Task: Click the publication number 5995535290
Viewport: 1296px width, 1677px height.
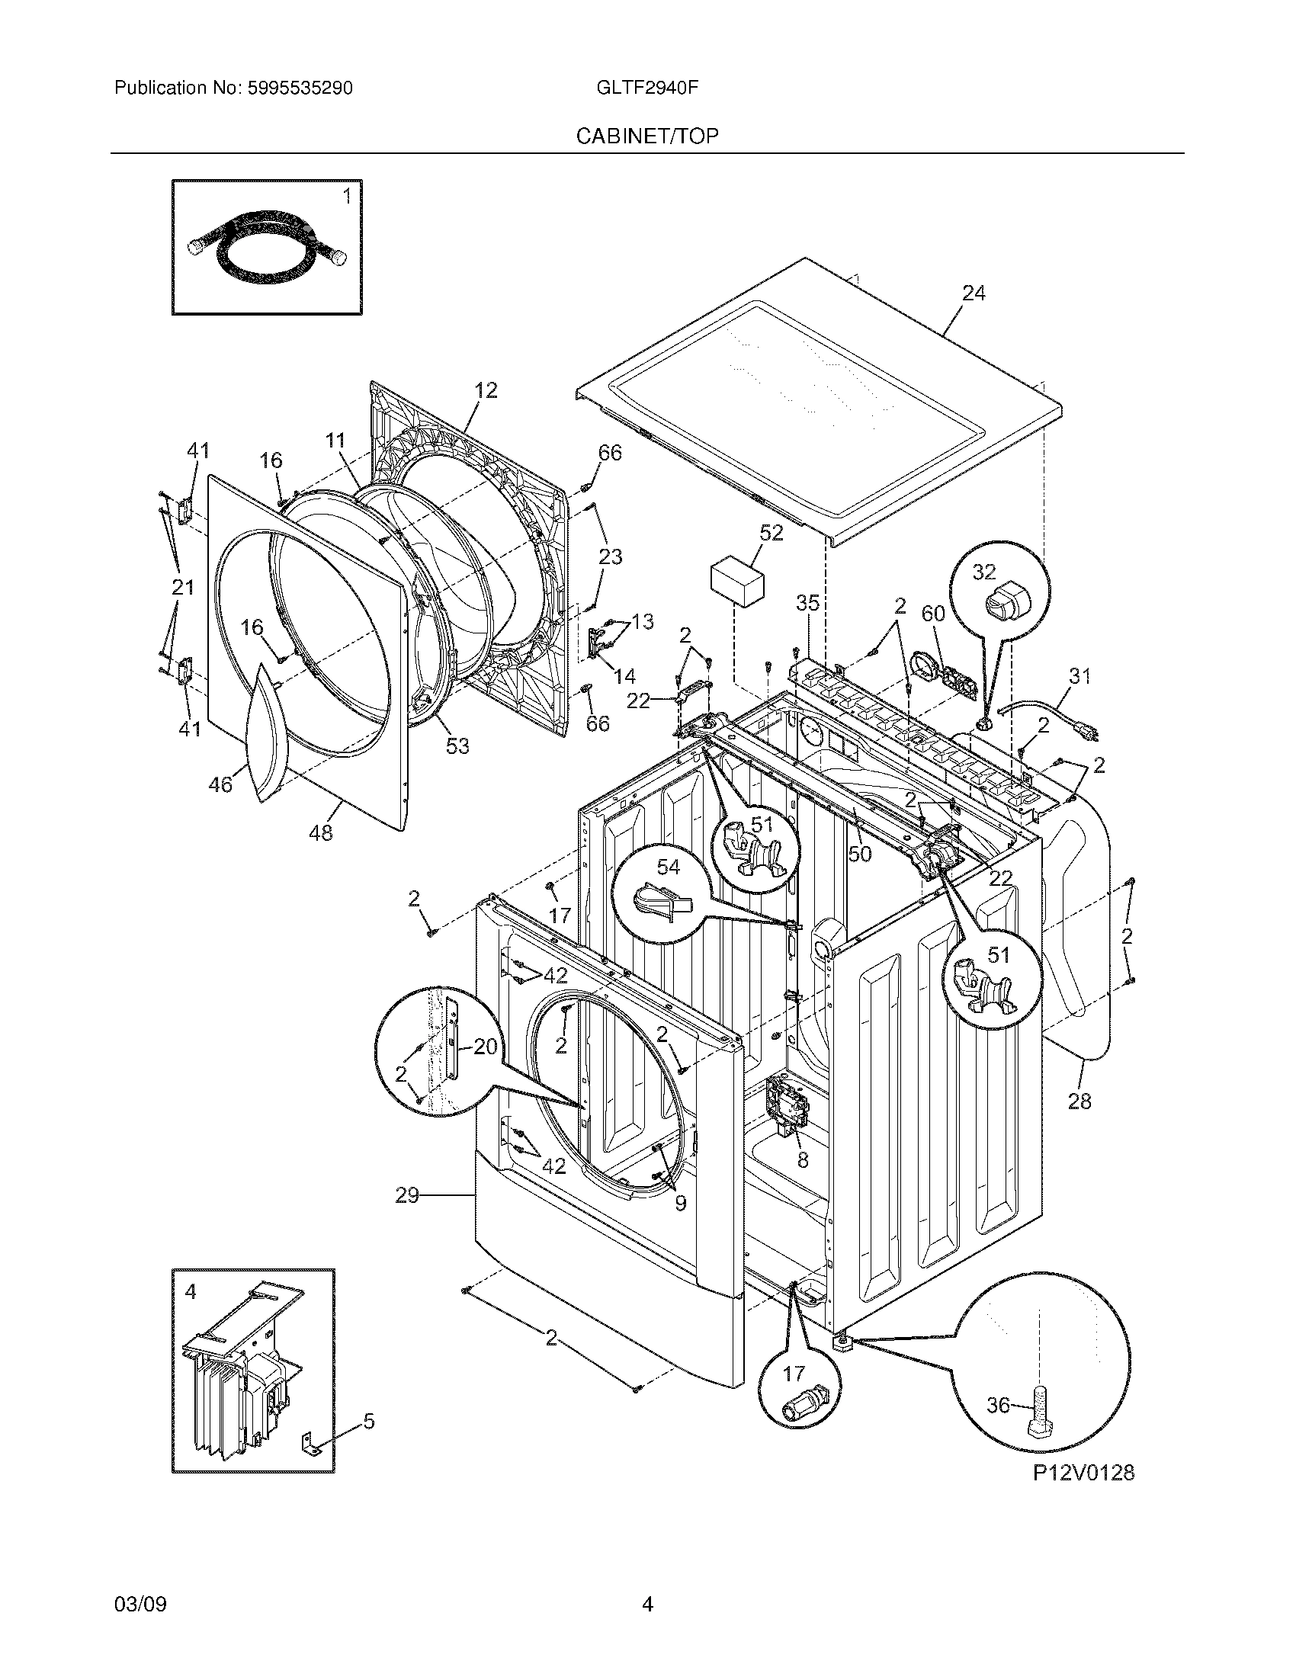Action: tap(300, 88)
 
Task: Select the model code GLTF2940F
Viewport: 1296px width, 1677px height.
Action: tap(646, 88)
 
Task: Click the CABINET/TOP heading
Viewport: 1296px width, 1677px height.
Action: tap(647, 136)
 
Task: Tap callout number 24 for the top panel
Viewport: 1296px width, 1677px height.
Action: tap(973, 293)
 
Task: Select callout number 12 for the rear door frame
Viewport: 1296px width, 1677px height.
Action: tap(485, 390)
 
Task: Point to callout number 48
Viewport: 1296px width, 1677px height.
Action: tap(321, 832)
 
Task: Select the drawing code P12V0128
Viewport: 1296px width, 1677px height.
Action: tap(1083, 1473)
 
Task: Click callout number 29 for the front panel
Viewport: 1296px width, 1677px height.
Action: tap(407, 1194)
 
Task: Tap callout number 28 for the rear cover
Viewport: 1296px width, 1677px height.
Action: tap(1079, 1101)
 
